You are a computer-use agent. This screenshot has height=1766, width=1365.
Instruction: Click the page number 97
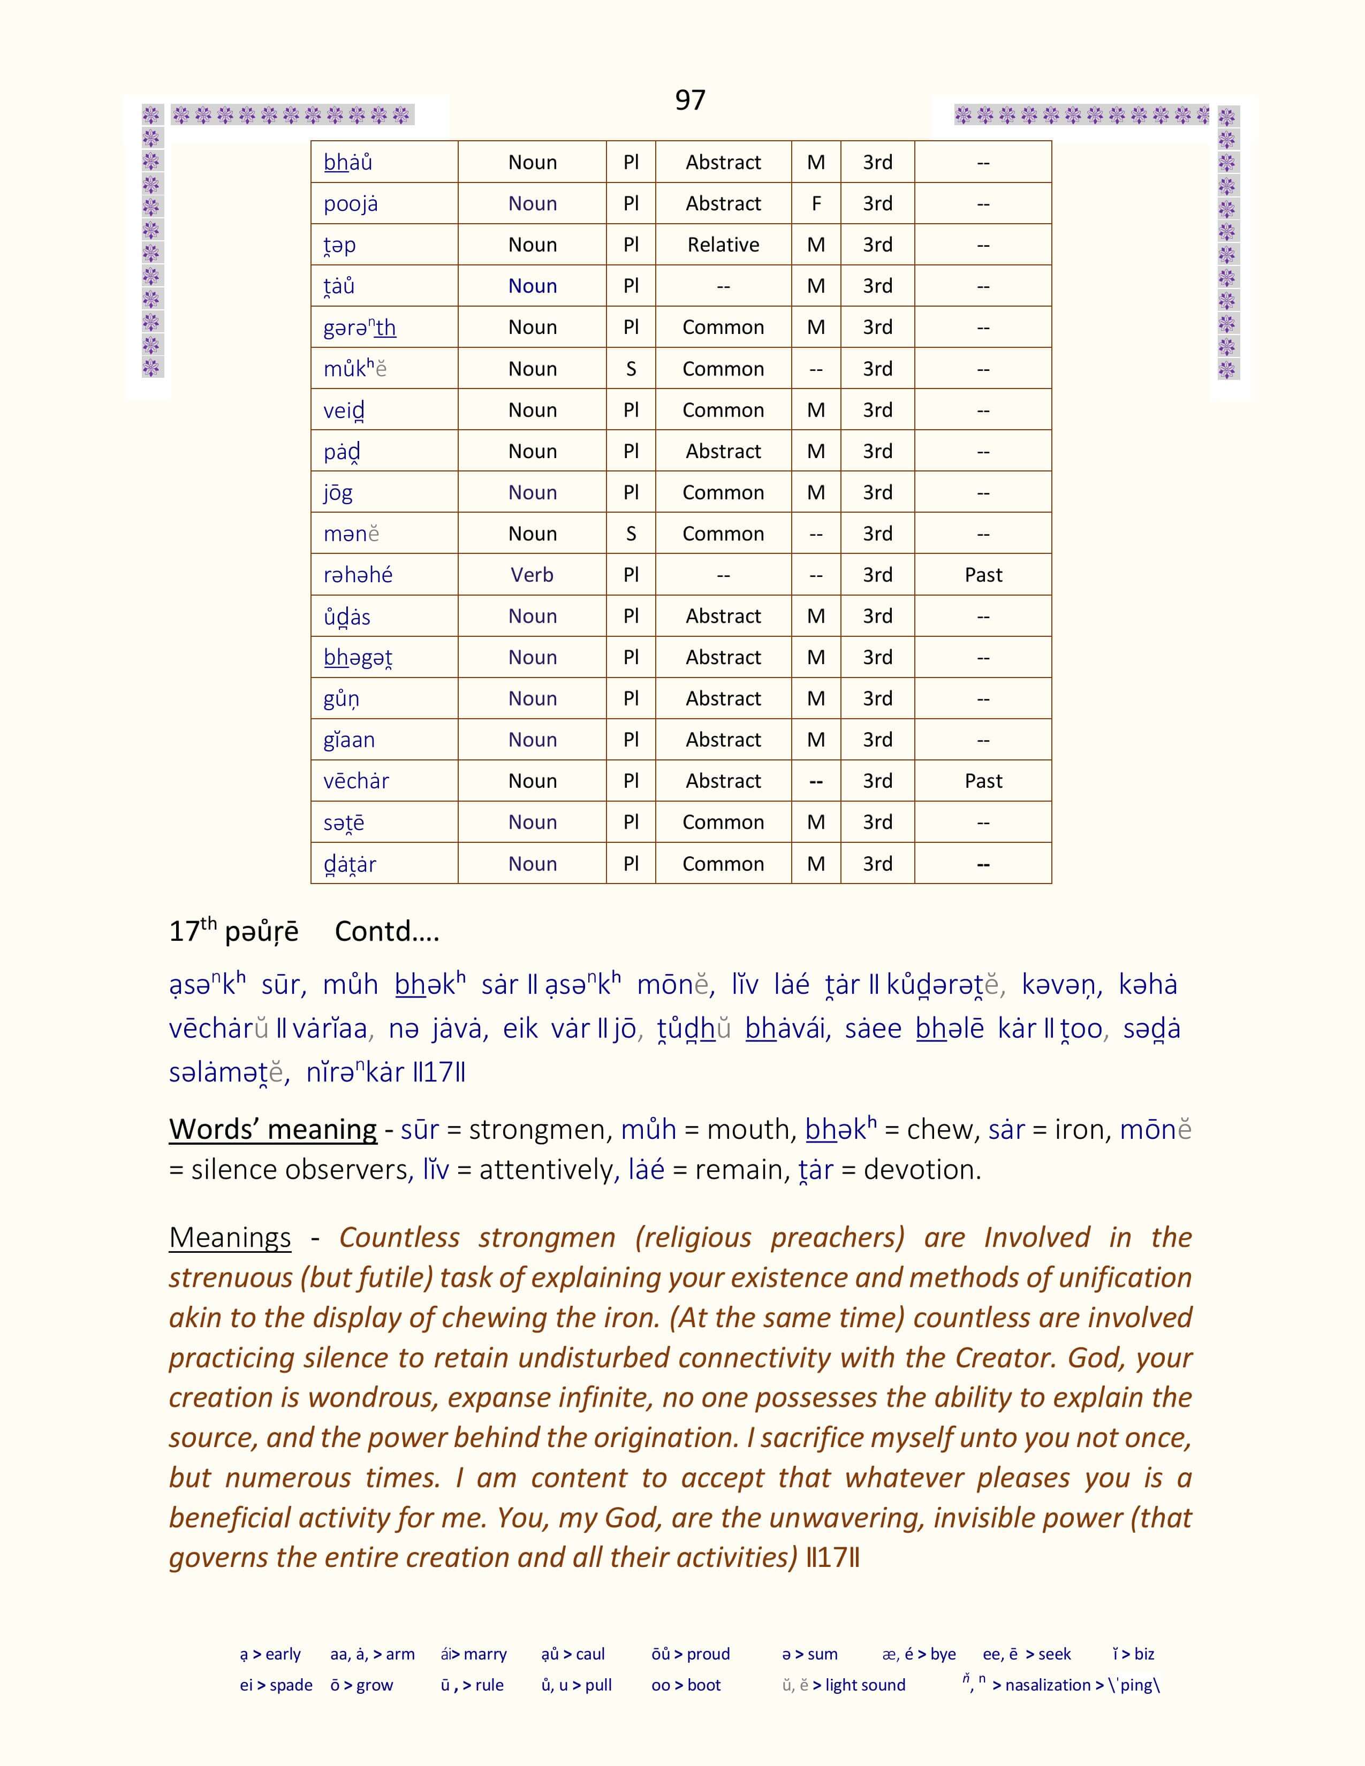(690, 100)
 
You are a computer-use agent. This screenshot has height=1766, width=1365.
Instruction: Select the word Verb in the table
(532, 575)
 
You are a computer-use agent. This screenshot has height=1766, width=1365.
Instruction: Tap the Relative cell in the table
(723, 245)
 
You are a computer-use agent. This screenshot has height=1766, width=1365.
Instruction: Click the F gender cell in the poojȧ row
(816, 204)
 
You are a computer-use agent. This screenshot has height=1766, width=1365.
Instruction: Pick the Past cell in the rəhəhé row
(982, 575)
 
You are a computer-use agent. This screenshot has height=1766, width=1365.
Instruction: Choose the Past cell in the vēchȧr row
(982, 781)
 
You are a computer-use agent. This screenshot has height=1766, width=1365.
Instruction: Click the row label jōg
(338, 492)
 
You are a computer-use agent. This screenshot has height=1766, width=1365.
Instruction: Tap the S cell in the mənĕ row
(631, 534)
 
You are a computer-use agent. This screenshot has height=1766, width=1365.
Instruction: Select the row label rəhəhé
(358, 575)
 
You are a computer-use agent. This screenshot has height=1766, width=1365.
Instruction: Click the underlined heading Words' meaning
(272, 1129)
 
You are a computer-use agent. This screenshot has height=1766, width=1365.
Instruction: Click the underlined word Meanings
(230, 1238)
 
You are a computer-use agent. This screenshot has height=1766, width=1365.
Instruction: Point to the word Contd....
(386, 932)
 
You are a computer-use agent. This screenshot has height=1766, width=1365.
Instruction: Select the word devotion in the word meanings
(921, 1169)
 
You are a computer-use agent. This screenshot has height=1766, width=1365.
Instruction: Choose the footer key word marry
(485, 1654)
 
